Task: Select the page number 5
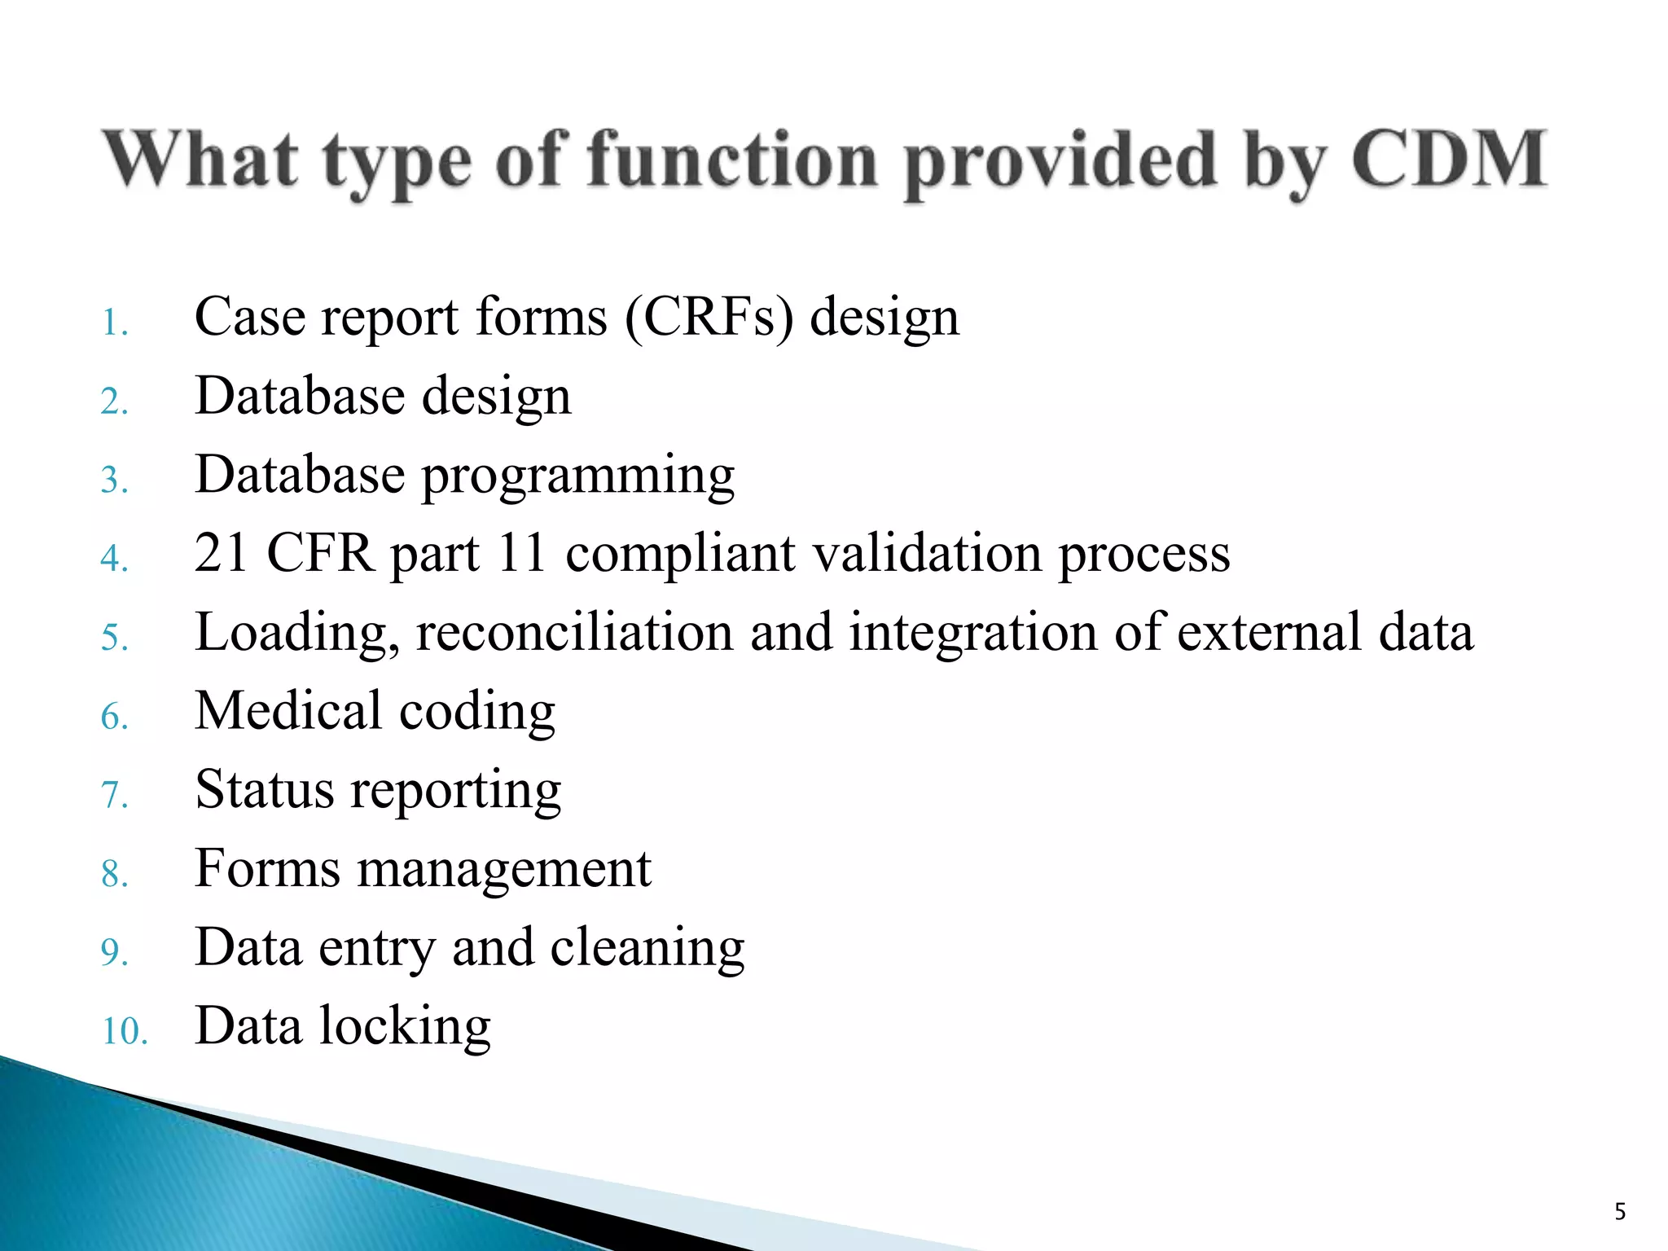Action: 1620,1211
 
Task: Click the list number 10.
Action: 124,1031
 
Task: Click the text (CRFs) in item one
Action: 709,317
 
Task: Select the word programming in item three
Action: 577,476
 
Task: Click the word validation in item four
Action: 927,553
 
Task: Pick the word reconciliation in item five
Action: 574,633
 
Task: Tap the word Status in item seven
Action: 265,789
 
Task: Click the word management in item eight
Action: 504,868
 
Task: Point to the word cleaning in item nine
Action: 647,948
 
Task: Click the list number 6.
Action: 114,717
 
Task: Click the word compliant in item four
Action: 680,553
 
